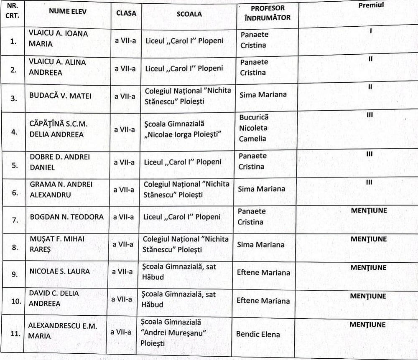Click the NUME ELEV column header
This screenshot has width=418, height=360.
coord(68,12)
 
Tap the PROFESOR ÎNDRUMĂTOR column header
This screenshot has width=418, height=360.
coord(268,13)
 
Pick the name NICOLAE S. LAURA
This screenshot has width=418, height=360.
coord(59,271)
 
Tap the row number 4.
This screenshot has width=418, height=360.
coord(14,132)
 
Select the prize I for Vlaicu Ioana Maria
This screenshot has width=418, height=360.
coord(371,31)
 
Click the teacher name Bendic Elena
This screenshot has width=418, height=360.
coord(258,334)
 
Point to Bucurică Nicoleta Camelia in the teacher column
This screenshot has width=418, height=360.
coord(254,128)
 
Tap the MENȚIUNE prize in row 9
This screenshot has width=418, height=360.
coord(368,268)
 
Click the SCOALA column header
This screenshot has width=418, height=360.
coord(189,14)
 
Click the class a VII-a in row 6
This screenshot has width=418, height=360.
coord(124,190)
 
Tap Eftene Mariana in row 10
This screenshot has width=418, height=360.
coord(263,301)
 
